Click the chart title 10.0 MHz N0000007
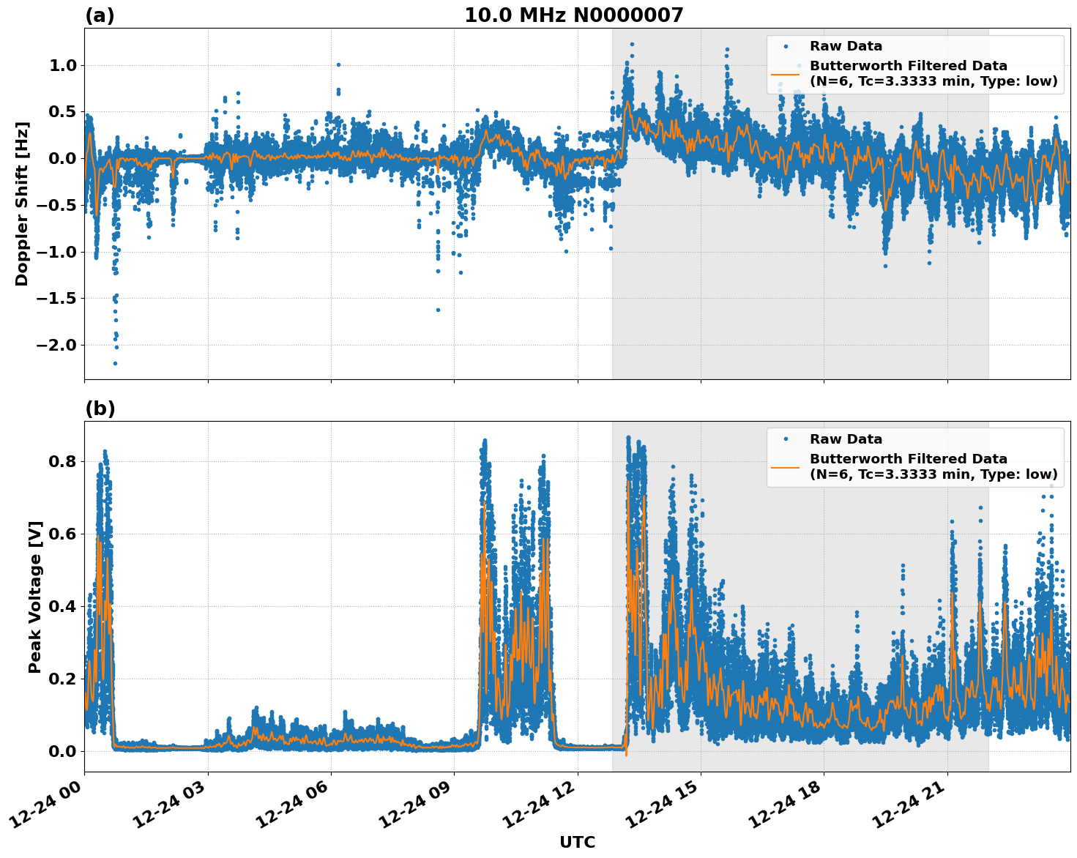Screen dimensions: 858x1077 pyautogui.click(x=573, y=15)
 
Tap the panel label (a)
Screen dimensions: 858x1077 pyautogui.click(x=100, y=15)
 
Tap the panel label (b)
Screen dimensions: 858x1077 pyautogui.click(x=100, y=409)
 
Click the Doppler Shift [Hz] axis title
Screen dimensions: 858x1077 pyautogui.click(x=22, y=204)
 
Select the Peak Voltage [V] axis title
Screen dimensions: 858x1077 pyautogui.click(x=34, y=597)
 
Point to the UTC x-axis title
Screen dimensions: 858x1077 pyautogui.click(x=577, y=843)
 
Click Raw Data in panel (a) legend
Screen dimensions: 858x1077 pyautogui.click(x=846, y=46)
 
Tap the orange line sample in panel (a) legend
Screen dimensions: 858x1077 pyautogui.click(x=785, y=73)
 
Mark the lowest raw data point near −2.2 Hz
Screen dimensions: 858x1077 pyautogui.click(x=115, y=363)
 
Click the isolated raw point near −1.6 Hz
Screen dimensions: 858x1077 pyautogui.click(x=438, y=310)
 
